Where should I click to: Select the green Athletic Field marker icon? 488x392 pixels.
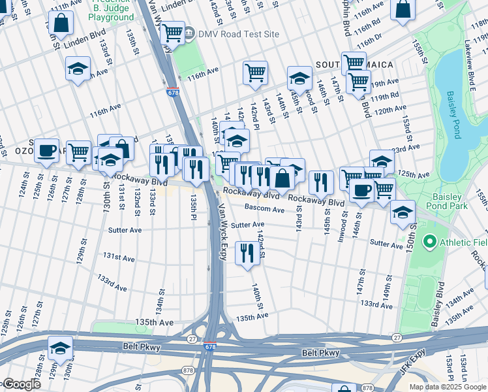pyautogui.click(x=429, y=243)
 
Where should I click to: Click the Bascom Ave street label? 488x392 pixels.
pyautogui.click(x=264, y=209)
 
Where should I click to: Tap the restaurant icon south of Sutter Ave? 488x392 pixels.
pyautogui.click(x=247, y=253)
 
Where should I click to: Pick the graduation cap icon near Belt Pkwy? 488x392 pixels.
pyautogui.click(x=60, y=347)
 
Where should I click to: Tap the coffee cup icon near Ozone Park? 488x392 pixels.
pyautogui.click(x=46, y=150)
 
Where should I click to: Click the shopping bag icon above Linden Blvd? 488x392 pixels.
pyautogui.click(x=61, y=23)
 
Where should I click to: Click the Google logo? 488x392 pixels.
pyautogui.click(x=21, y=384)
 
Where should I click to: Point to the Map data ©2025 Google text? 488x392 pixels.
pyautogui.click(x=447, y=387)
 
